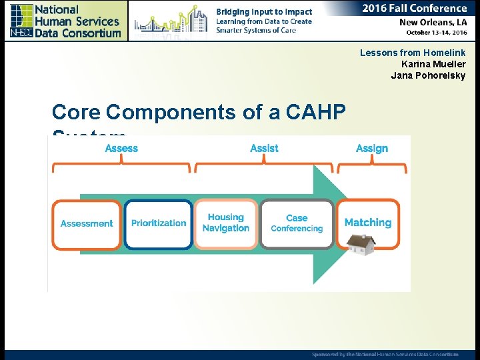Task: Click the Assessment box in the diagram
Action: tap(87, 224)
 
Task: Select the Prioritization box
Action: tap(159, 224)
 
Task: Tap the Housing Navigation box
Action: tap(226, 223)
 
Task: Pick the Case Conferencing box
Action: tap(297, 223)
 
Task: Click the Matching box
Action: tap(368, 223)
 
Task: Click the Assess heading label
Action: tap(121, 149)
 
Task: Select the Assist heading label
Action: tap(264, 149)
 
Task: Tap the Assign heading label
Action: tap(372, 149)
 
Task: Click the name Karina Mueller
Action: tap(433, 64)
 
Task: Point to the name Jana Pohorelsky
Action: tap(428, 75)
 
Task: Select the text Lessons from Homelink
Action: tap(413, 53)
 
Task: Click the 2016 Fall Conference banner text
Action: tap(414, 9)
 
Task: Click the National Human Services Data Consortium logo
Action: tap(65, 21)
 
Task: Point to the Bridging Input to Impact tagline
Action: tap(264, 12)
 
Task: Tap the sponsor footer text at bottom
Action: tap(385, 354)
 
